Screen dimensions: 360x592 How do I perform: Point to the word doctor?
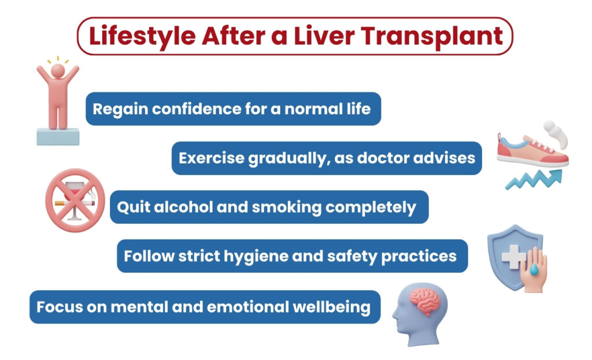click(399, 158)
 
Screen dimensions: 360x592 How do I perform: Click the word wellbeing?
click(335, 306)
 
